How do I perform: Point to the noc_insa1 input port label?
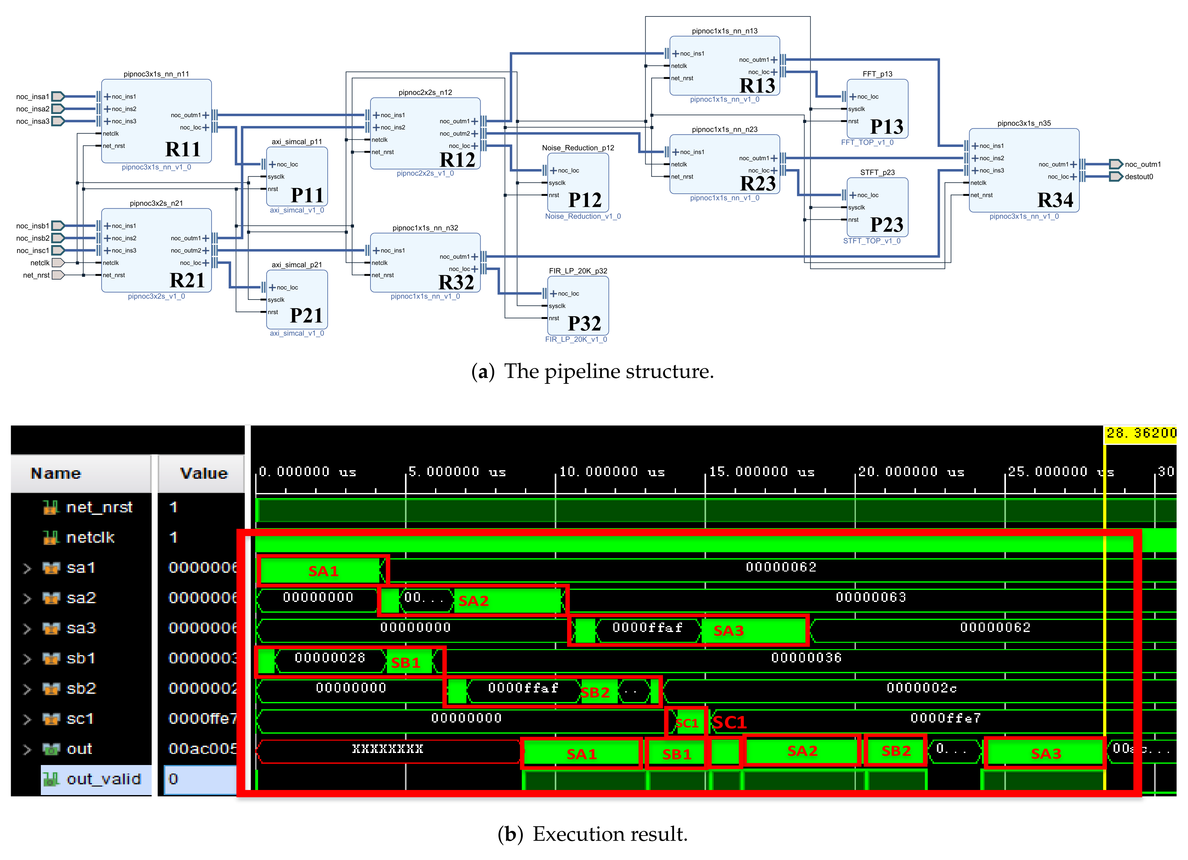pyautogui.click(x=33, y=96)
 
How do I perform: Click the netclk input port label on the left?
pyautogui.click(x=40, y=263)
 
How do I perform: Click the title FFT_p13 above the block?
pyautogui.click(x=877, y=74)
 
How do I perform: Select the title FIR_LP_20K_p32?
pyautogui.click(x=578, y=271)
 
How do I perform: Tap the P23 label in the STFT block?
pyautogui.click(x=886, y=225)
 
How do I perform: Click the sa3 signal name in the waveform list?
pyautogui.click(x=81, y=628)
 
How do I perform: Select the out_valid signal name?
pyautogui.click(x=104, y=779)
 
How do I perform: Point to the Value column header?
pyautogui.click(x=204, y=473)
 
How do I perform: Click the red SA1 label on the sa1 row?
pyautogui.click(x=323, y=572)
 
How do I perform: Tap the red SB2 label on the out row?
pyautogui.click(x=896, y=751)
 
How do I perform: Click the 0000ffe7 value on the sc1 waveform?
pyautogui.click(x=945, y=718)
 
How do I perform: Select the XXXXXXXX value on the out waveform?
pyautogui.click(x=387, y=749)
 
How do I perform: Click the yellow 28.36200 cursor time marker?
pyautogui.click(x=1141, y=433)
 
